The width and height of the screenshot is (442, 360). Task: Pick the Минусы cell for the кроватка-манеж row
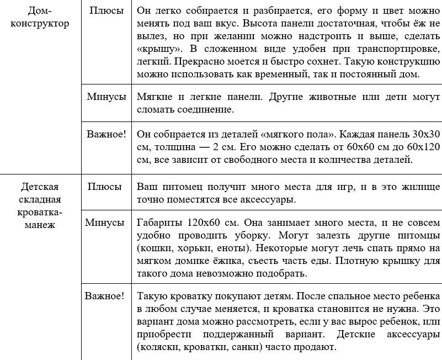pos(105,223)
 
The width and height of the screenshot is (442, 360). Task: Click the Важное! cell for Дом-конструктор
pos(106,134)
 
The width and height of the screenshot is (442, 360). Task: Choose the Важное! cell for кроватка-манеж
pos(105,295)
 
